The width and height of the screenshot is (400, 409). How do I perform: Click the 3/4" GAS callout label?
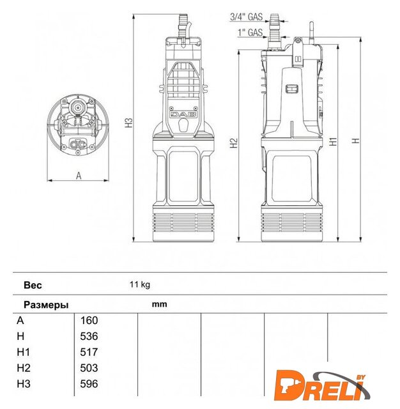(x=246, y=17)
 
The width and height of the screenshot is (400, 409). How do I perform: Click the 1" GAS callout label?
(x=250, y=33)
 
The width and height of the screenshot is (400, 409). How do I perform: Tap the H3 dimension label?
(x=129, y=123)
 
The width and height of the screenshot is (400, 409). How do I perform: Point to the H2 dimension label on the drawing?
(x=234, y=143)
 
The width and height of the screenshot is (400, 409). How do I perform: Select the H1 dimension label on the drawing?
(x=334, y=141)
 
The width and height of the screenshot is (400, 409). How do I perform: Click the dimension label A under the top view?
(x=79, y=176)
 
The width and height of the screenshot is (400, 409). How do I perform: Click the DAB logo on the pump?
(x=183, y=114)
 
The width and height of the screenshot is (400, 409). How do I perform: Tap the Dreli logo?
(x=322, y=385)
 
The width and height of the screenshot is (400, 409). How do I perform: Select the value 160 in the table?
(x=89, y=320)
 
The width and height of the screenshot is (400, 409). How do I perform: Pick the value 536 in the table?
(x=89, y=336)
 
